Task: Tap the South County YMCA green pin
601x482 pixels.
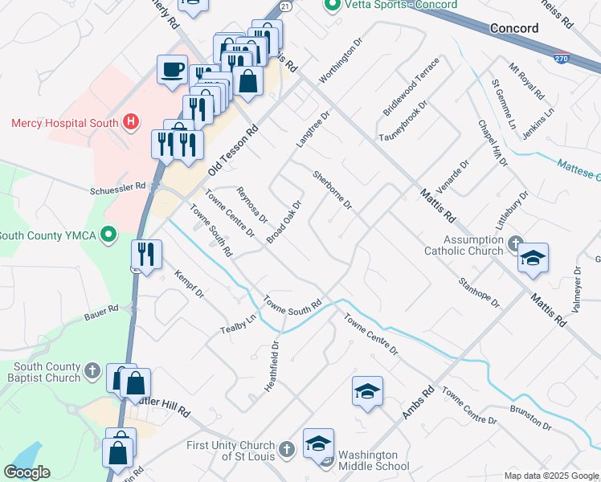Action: pyautogui.click(x=112, y=235)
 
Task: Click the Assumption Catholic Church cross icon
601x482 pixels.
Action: pyautogui.click(x=514, y=242)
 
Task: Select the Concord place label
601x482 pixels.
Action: pyautogui.click(x=514, y=28)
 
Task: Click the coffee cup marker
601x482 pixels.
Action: pyautogui.click(x=171, y=69)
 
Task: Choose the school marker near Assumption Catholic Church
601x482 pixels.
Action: pyautogui.click(x=533, y=258)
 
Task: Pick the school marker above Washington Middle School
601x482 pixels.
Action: pyautogui.click(x=367, y=391)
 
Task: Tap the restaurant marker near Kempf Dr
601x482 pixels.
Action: pyautogui.click(x=146, y=255)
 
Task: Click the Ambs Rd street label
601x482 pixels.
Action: pyautogui.click(x=418, y=402)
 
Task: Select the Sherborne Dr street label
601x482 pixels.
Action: pyautogui.click(x=333, y=190)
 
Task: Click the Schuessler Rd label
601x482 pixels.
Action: pyautogui.click(x=117, y=186)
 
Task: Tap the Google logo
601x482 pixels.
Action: pyautogui.click(x=27, y=472)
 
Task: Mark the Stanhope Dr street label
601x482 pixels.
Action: pyautogui.click(x=479, y=292)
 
